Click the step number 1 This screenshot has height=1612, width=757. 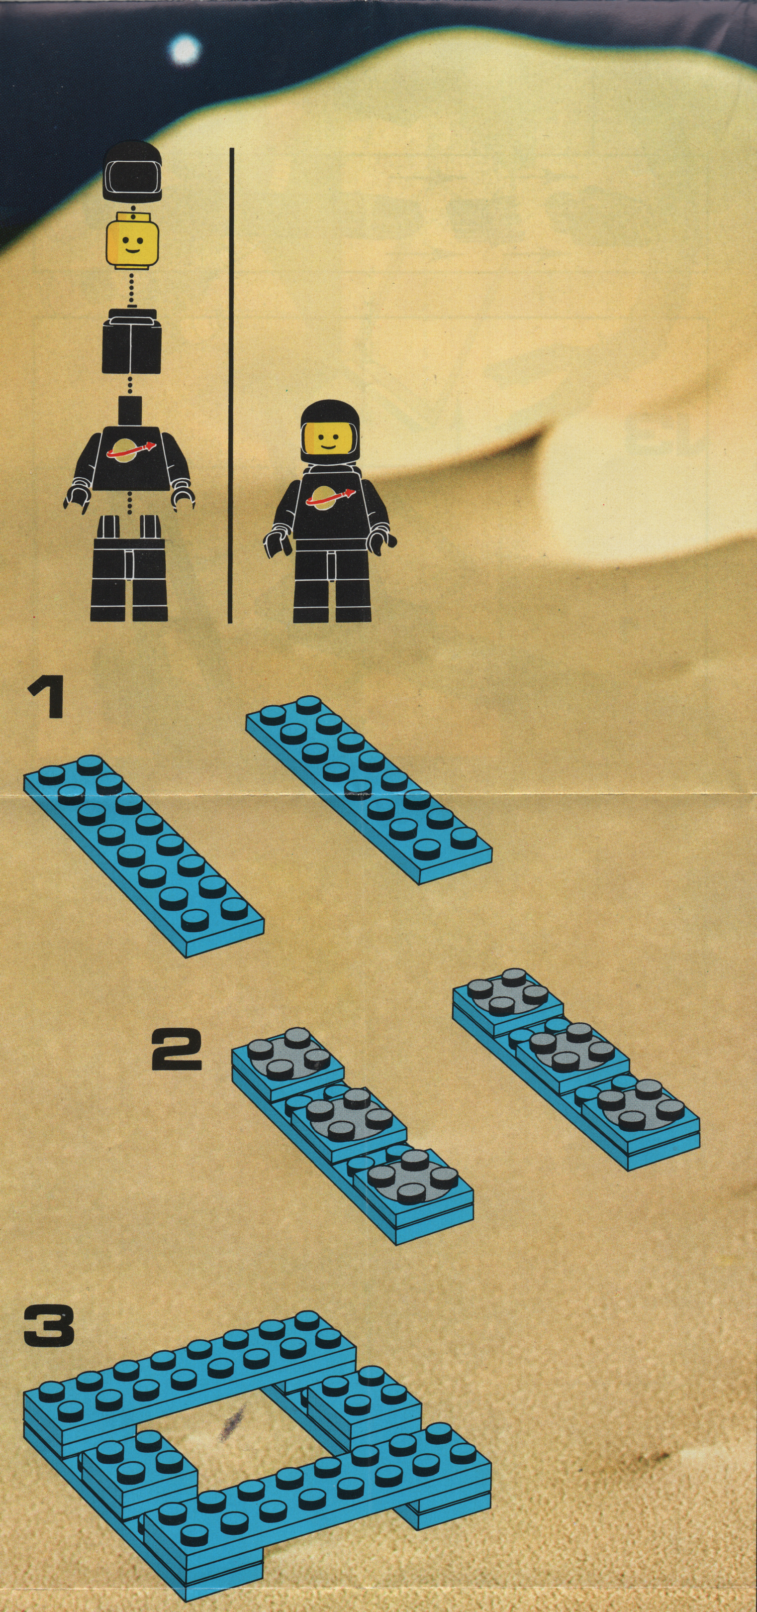46,700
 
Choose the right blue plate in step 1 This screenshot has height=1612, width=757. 369,790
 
